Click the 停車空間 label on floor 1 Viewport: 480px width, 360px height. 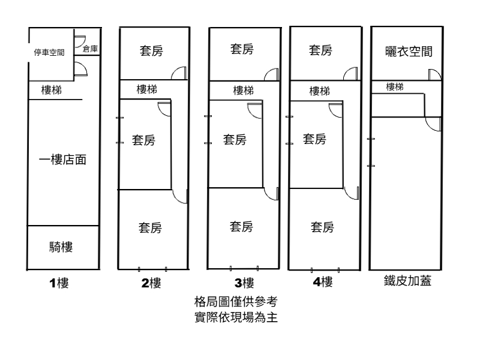[49, 52]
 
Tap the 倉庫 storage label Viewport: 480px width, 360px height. [91, 49]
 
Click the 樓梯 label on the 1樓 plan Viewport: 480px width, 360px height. [51, 90]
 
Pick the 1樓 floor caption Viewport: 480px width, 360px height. [59, 283]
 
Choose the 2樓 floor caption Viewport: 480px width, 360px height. [151, 283]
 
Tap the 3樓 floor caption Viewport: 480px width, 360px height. [244, 283]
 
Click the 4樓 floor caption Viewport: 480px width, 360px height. [323, 282]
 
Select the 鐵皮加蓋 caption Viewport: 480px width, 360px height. [408, 281]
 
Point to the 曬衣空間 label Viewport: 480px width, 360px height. [408, 53]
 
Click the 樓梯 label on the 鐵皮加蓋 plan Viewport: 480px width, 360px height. [395, 87]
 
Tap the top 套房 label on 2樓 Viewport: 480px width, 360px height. [151, 50]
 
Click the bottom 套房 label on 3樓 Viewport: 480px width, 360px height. [241, 227]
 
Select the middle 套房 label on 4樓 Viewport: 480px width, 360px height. [314, 140]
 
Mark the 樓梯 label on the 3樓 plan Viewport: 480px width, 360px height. [243, 91]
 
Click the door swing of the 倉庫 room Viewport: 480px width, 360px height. [79, 41]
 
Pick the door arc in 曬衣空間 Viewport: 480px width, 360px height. [434, 74]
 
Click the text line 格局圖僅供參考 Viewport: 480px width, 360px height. [235, 301]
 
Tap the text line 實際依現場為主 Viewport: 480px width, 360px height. [235, 316]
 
